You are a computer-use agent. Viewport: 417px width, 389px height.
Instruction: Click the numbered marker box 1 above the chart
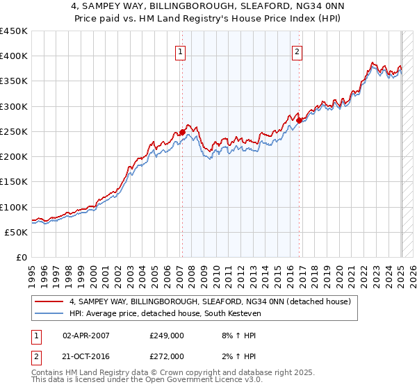181,51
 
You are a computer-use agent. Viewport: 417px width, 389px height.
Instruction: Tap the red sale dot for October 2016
299,120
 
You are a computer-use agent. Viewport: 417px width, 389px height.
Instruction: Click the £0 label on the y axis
21,257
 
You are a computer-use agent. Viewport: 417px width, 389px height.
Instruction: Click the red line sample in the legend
50,301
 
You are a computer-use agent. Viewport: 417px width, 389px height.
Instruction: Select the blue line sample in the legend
50,314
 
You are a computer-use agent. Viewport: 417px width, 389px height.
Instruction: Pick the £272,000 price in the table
166,356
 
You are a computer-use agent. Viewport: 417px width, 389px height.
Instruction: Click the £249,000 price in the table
166,336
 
